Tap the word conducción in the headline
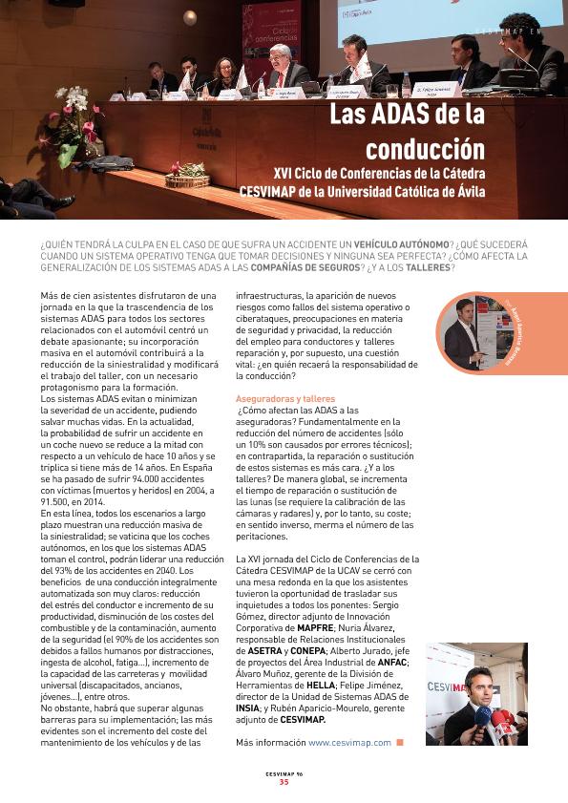point(426,150)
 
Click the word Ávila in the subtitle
point(463,191)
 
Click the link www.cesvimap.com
point(349,742)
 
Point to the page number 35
point(284,782)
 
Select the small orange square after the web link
point(400,742)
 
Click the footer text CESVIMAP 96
point(284,773)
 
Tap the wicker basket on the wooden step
point(186,179)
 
